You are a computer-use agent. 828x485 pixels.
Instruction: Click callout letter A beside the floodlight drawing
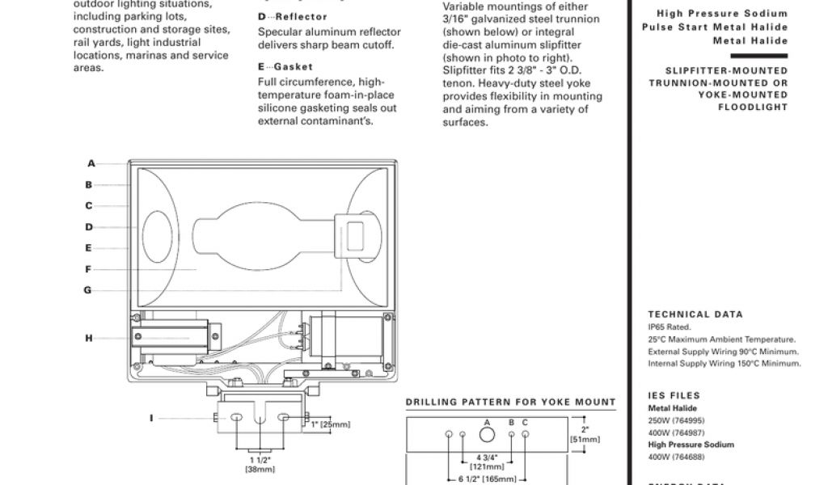pos(91,164)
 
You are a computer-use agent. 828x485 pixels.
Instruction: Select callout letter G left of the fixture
pos(88,290)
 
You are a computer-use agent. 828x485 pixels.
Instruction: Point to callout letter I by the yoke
pos(151,418)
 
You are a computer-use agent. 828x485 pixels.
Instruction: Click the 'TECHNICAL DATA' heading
pos(695,314)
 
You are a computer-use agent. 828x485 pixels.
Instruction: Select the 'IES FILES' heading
pos(674,395)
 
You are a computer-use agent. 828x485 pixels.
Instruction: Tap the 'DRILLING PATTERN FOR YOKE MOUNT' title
pos(510,402)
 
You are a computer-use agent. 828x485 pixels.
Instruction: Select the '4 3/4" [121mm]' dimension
pos(488,462)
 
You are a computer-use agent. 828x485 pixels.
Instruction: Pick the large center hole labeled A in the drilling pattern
pos(487,436)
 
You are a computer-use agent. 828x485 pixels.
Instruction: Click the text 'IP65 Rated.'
pos(670,327)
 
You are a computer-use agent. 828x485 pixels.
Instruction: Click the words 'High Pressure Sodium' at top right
pos(721,14)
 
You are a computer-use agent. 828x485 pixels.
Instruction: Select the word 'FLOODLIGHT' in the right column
pos(752,108)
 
